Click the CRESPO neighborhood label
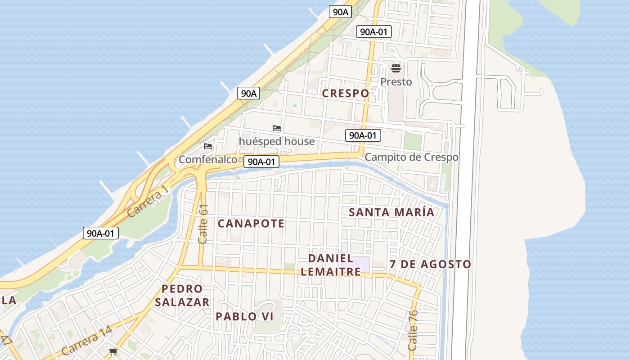[x=346, y=93]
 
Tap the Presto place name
[x=396, y=81]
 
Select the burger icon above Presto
[x=396, y=68]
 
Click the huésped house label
[x=277, y=141]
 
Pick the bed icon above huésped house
[x=277, y=129]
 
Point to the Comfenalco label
[x=208, y=159]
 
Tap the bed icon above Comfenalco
[x=208, y=146]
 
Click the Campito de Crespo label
[x=411, y=157]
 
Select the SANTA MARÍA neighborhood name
[x=391, y=212]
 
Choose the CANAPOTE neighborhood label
[x=251, y=223]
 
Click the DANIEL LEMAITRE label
[x=331, y=265]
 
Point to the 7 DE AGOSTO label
[x=430, y=264]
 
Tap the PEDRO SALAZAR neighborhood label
[x=182, y=295]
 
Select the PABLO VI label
[x=244, y=316]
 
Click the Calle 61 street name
[x=203, y=224]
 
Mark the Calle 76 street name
[x=413, y=330]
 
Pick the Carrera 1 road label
[x=149, y=202]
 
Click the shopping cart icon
[x=113, y=351]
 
